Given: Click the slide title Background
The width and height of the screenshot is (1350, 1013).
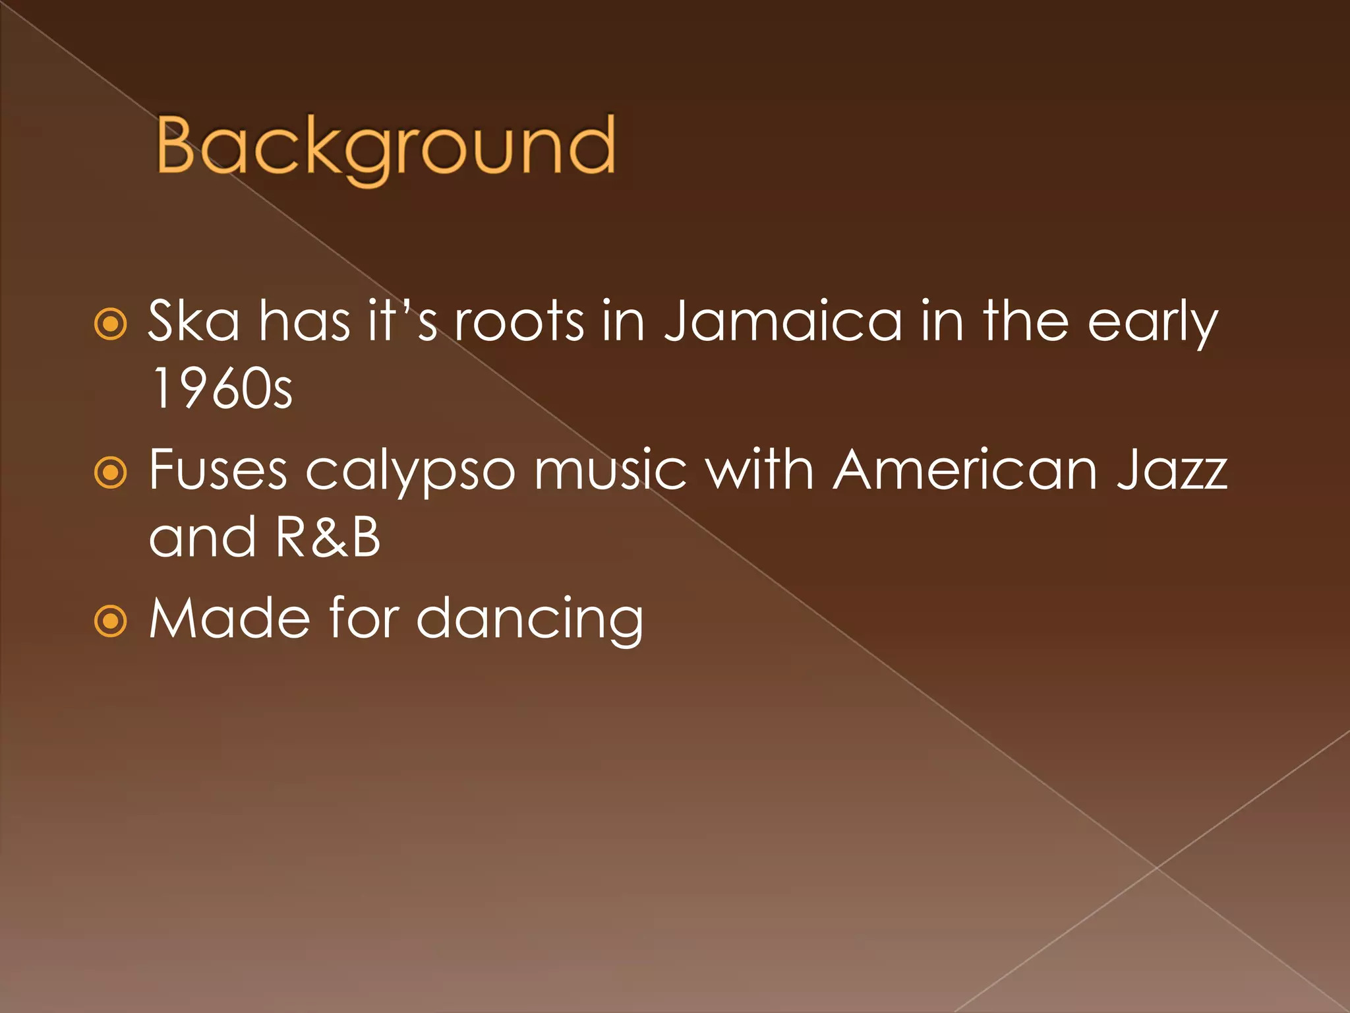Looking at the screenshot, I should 386,146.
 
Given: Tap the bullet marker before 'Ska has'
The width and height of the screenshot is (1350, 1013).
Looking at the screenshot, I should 110,324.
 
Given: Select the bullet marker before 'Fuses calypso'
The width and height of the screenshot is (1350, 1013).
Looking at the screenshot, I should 110,473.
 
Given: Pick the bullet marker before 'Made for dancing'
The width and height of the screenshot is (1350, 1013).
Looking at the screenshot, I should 110,621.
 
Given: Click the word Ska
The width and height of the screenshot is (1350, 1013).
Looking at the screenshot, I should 194,321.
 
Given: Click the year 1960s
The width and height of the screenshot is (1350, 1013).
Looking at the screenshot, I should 221,389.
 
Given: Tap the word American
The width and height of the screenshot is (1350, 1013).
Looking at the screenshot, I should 965,470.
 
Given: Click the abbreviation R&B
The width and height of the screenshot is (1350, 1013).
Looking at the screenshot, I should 328,537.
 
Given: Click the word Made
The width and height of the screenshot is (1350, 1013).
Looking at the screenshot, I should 229,618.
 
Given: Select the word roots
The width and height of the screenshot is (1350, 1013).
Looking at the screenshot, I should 519,321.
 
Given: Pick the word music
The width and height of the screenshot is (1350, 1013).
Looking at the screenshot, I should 610,470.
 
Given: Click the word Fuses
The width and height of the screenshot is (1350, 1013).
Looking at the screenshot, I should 218,470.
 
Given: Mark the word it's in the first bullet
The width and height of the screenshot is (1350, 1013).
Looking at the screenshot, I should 402,321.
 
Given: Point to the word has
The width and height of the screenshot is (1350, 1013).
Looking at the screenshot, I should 305,321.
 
